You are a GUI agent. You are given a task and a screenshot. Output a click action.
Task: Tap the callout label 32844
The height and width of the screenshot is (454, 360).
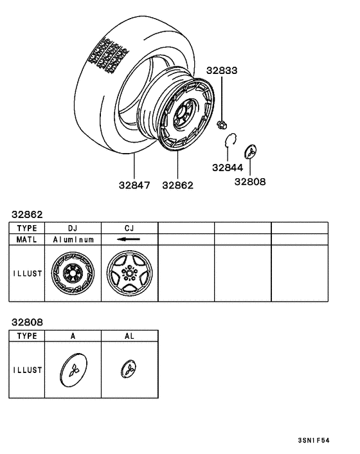click(229, 168)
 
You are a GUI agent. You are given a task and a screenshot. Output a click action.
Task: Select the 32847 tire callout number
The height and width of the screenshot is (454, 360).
click(134, 185)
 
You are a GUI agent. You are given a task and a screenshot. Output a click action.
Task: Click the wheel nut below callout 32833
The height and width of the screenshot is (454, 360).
click(222, 123)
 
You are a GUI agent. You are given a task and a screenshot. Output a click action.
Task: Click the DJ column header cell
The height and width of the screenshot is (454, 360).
click(73, 228)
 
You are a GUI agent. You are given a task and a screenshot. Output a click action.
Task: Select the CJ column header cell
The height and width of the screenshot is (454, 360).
click(129, 228)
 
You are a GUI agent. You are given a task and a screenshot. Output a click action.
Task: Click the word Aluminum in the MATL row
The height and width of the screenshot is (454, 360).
click(73, 239)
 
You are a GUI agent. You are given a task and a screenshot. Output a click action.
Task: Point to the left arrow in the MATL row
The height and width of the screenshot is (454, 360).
click(129, 239)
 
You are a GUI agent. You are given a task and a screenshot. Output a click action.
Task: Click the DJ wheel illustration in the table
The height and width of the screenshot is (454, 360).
click(73, 273)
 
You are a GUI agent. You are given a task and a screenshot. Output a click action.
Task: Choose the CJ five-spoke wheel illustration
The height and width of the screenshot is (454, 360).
click(129, 273)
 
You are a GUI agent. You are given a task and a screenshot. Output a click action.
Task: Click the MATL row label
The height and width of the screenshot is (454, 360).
click(27, 239)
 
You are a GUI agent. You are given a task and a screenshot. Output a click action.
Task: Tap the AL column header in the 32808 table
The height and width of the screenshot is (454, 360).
click(129, 336)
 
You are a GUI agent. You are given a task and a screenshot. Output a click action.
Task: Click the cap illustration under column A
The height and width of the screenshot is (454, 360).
click(73, 370)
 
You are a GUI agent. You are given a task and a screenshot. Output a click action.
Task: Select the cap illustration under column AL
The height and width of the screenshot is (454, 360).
click(129, 370)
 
